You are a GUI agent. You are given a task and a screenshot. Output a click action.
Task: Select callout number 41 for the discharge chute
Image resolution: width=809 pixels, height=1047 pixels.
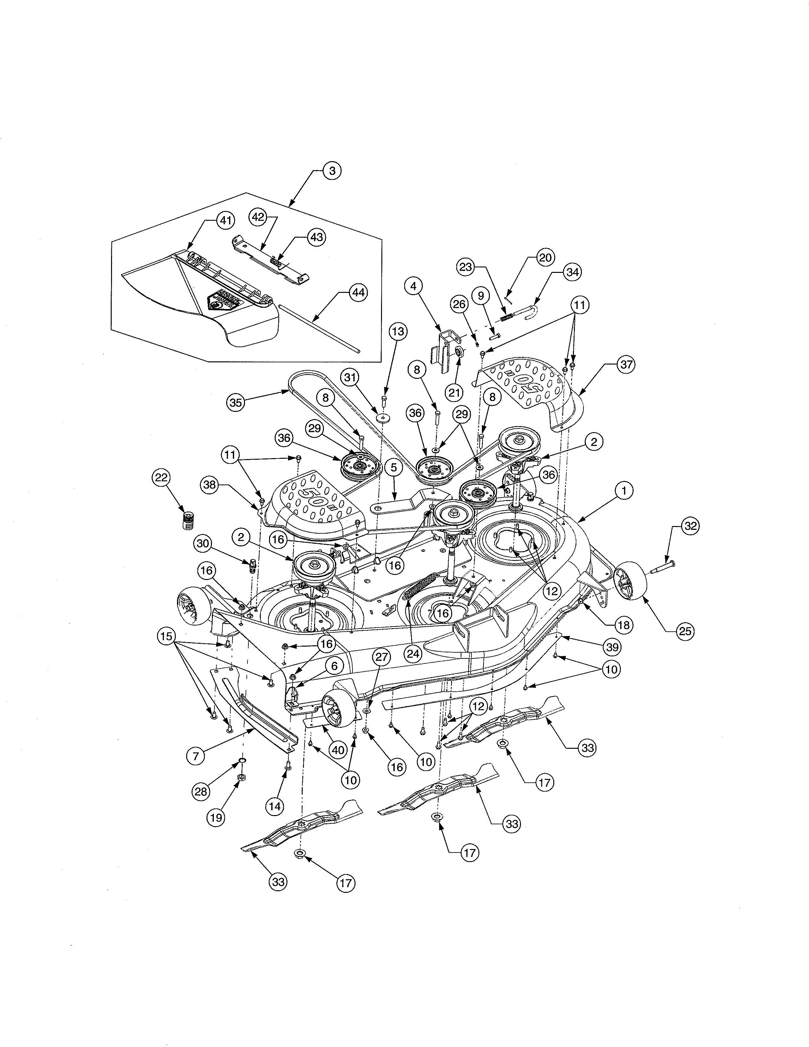[225, 221]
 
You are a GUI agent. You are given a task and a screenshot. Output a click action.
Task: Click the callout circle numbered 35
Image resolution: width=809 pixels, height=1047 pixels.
[235, 402]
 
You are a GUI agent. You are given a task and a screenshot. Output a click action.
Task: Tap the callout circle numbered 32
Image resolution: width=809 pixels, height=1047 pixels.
[690, 526]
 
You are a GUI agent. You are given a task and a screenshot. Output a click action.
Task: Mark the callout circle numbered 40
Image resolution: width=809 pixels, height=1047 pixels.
[338, 750]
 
